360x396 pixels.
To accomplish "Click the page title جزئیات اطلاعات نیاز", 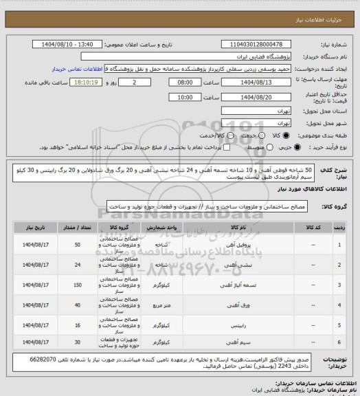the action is click(322, 6).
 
